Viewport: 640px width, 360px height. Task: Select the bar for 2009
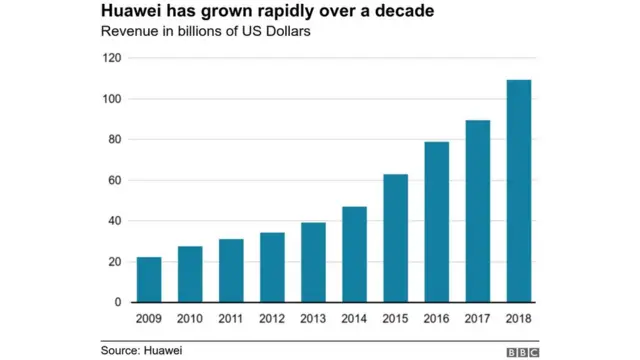[149, 280]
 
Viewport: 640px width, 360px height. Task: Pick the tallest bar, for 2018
[519, 191]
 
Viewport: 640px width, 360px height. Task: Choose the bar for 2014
[355, 254]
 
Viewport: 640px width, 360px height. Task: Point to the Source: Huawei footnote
[141, 350]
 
